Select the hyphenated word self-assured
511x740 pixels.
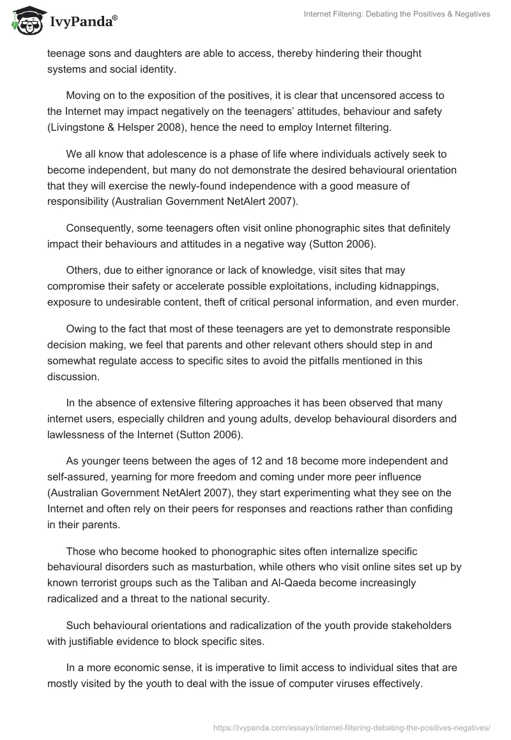[x=79, y=476]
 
